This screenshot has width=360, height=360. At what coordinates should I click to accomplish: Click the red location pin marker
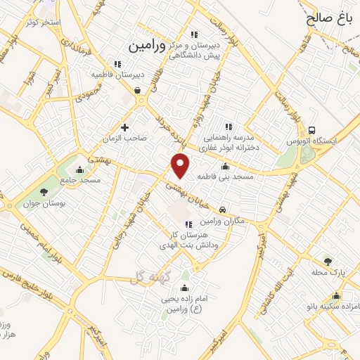181,165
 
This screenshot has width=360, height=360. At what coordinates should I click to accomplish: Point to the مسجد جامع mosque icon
79,169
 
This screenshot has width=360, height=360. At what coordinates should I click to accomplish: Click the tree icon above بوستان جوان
44,191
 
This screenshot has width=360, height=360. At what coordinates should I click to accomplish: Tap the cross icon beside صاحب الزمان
124,127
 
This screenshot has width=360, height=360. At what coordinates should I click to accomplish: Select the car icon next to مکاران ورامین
222,210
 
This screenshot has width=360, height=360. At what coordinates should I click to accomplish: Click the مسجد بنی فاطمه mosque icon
225,167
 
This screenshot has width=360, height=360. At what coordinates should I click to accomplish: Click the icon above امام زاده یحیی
184,288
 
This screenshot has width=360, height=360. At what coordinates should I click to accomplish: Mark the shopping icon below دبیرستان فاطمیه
136,90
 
